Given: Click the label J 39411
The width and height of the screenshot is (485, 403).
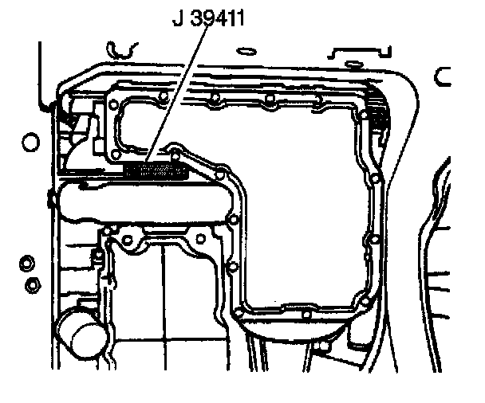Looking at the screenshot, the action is click(208, 18).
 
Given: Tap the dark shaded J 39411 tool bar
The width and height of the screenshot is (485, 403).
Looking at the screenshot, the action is click(156, 171).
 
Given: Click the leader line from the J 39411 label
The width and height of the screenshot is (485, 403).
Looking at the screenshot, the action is click(176, 93).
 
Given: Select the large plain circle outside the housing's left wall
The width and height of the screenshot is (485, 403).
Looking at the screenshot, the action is click(30, 142).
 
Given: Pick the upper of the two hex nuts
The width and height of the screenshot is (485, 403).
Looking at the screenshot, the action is click(27, 264).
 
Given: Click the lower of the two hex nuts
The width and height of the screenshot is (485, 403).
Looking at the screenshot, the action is click(33, 285).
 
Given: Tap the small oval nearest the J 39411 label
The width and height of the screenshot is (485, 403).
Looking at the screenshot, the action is click(246, 51).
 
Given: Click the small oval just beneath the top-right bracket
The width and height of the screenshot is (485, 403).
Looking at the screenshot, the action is click(354, 65).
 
